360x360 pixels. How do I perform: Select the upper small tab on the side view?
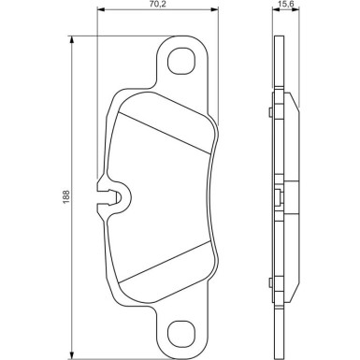[269, 114]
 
